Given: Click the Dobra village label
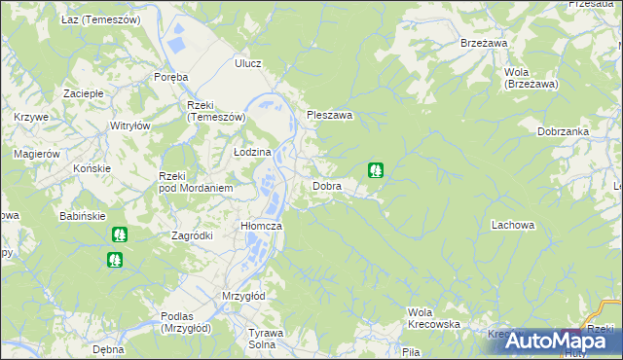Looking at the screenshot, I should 326,185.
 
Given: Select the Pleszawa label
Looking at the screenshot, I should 329,115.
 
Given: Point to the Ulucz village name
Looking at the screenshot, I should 248,63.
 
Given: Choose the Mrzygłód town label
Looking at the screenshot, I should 243,296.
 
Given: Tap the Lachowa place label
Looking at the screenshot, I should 513,225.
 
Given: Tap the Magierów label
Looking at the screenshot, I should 37,154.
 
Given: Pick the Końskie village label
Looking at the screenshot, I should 92,168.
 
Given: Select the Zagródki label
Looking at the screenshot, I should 192,235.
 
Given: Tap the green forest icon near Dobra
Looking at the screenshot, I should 375,170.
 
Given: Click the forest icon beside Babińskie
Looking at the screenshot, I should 119,234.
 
